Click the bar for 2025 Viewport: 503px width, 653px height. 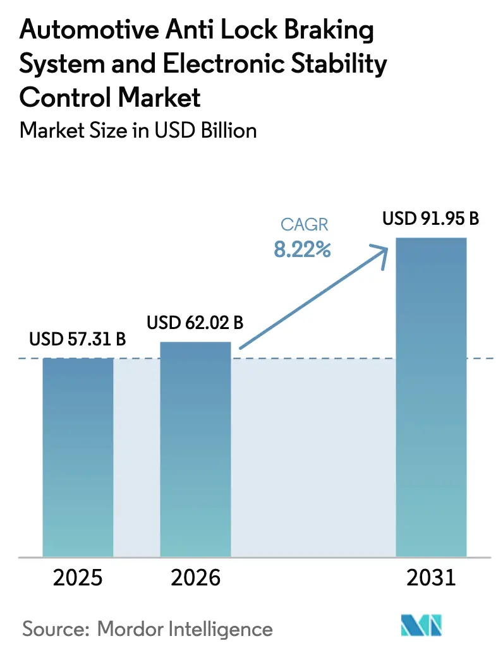point(78,457)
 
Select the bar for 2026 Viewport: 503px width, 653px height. point(195,449)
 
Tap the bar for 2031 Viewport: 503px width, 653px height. point(430,397)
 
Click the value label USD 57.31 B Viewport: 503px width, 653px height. point(78,340)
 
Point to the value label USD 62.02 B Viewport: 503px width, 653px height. point(195,323)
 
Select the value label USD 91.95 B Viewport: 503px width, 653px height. point(430,220)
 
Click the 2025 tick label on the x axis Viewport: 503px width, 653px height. point(78,577)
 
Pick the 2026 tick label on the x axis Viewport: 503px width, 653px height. point(195,577)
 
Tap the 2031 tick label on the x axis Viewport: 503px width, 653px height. point(430,577)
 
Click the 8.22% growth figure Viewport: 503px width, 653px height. point(302,250)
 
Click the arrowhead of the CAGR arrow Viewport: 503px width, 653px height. point(381,251)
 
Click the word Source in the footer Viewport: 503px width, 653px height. point(48,629)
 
